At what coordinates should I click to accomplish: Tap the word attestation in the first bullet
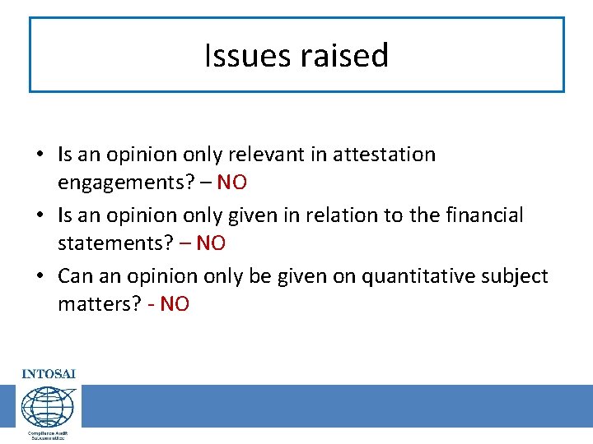tap(384, 155)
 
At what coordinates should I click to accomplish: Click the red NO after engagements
tap(231, 182)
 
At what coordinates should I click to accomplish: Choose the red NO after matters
tap(175, 303)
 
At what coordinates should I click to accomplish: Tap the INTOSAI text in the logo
tap(49, 374)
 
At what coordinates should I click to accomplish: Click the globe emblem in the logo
tap(48, 406)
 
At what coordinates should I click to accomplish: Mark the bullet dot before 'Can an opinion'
tap(40, 277)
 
